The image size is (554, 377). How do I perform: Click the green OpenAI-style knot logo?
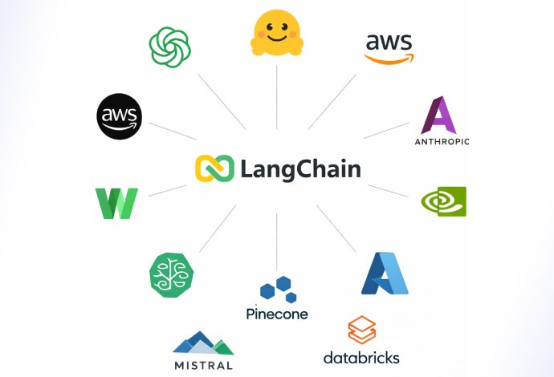[169, 47]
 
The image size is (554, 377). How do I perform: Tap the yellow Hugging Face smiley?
[276, 34]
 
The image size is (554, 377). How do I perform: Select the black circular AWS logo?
[119, 116]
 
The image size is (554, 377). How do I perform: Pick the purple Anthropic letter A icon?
[439, 115]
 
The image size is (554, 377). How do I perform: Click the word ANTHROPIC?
[442, 142]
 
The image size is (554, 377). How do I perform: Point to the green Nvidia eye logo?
[443, 201]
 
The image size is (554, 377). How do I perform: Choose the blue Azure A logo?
[385, 274]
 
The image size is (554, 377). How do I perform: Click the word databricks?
[361, 357]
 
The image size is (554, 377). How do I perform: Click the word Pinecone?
[277, 314]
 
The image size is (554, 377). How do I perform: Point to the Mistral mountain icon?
[202, 343]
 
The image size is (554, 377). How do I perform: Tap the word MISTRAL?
[203, 366]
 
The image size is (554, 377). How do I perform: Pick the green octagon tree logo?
[171, 274]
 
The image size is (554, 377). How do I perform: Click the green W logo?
[116, 203]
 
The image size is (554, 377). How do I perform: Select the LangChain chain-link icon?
[214, 169]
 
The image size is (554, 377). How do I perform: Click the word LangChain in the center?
[300, 169]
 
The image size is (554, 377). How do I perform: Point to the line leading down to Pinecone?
[276, 241]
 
